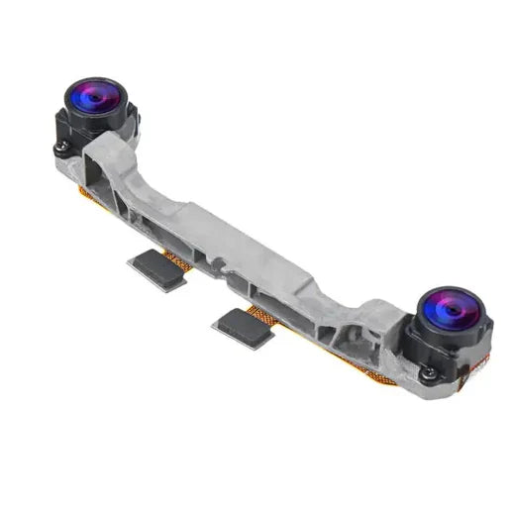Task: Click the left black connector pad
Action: (x=157, y=269)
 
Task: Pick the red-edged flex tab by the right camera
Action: (x=481, y=366)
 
